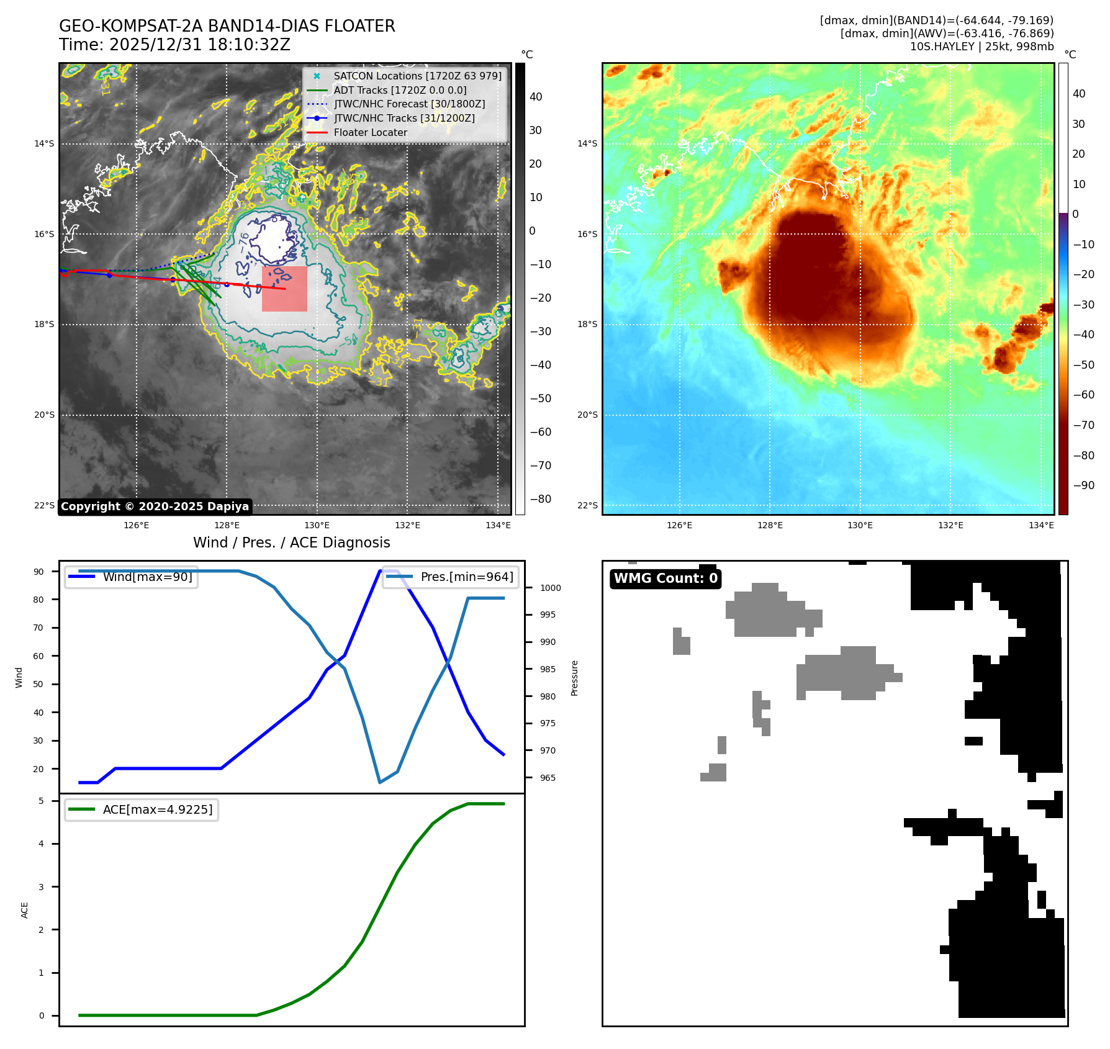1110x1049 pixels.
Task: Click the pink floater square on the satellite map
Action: click(284, 289)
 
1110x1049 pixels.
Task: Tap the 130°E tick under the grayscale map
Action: click(317, 525)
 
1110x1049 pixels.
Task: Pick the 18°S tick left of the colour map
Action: click(587, 324)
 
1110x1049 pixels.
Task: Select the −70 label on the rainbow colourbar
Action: click(1083, 425)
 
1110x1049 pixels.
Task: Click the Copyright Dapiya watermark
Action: click(155, 506)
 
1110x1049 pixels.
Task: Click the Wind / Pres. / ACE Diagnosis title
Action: click(291, 543)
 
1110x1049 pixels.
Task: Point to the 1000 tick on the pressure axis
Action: click(550, 588)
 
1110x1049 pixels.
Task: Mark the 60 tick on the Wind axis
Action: click(38, 655)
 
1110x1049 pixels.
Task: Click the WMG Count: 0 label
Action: click(666, 579)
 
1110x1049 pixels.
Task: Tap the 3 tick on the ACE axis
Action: click(41, 886)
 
